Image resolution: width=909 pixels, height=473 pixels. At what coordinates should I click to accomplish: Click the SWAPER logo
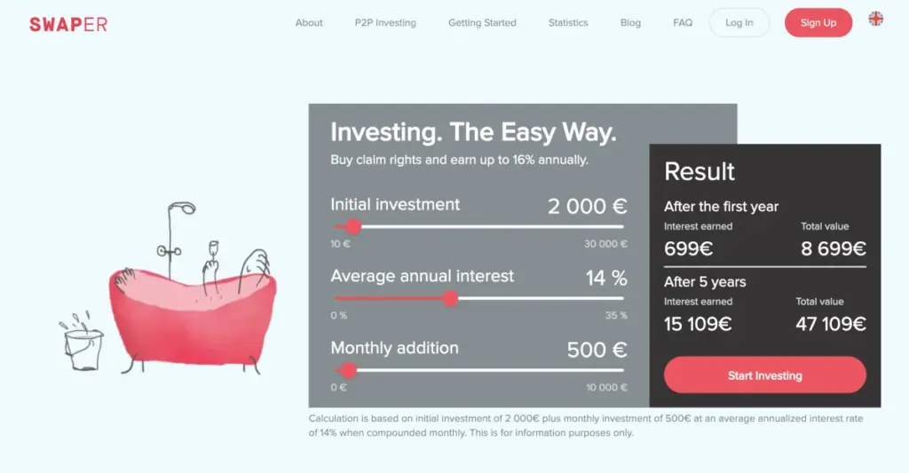coord(68,24)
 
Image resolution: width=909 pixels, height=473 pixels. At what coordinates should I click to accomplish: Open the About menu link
coord(309,22)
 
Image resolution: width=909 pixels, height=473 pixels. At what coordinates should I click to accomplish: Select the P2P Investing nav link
coord(385,22)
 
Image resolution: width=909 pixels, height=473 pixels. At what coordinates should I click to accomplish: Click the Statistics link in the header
coord(568,22)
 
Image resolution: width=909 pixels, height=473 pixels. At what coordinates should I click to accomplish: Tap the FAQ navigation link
coord(683,22)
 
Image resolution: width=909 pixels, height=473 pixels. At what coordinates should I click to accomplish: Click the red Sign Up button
coord(818,22)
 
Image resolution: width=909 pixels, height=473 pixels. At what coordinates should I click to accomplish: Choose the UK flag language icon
coord(876,20)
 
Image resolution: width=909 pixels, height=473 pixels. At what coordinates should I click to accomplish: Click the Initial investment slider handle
coord(353,226)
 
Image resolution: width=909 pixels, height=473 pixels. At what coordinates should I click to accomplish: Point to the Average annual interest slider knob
coord(450,298)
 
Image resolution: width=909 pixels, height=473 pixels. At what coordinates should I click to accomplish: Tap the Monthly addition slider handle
coord(348,370)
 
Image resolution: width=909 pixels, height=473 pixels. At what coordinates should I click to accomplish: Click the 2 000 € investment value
coord(588,207)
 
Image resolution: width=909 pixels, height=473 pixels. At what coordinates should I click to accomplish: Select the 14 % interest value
coord(606,279)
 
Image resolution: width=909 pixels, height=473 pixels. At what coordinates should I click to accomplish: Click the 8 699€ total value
coord(833,248)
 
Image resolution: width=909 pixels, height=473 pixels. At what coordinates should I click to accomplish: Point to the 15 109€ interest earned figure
coord(698,323)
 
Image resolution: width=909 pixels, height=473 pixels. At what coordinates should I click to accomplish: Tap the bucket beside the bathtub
coord(83,348)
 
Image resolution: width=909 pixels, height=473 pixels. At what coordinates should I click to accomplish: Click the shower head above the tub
coord(186,208)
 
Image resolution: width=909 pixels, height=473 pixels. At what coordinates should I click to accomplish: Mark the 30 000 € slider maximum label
coord(605,244)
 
